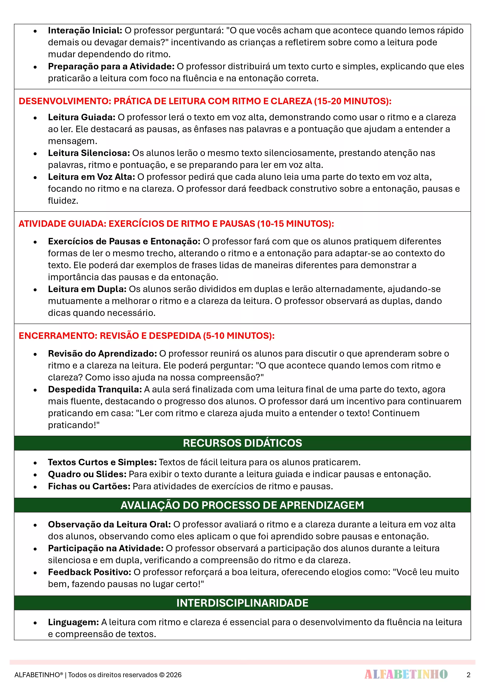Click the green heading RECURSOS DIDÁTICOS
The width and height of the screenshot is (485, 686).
pos(242,443)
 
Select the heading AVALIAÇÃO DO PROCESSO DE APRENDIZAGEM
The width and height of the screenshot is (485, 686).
pos(242,505)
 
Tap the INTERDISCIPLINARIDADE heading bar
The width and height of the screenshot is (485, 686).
pos(242,603)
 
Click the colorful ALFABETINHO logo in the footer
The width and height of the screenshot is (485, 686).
pos(406,674)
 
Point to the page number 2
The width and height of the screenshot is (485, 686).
pos(468,675)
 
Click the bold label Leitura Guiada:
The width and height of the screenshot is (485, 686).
pos(82,117)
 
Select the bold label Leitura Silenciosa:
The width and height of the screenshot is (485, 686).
pos(89,153)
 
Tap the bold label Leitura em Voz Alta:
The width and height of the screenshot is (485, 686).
pos(91,177)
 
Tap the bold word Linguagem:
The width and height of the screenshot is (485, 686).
pos(73,622)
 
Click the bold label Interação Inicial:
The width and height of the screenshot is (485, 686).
pos(85,30)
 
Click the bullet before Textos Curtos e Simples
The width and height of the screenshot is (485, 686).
pos(35,463)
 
